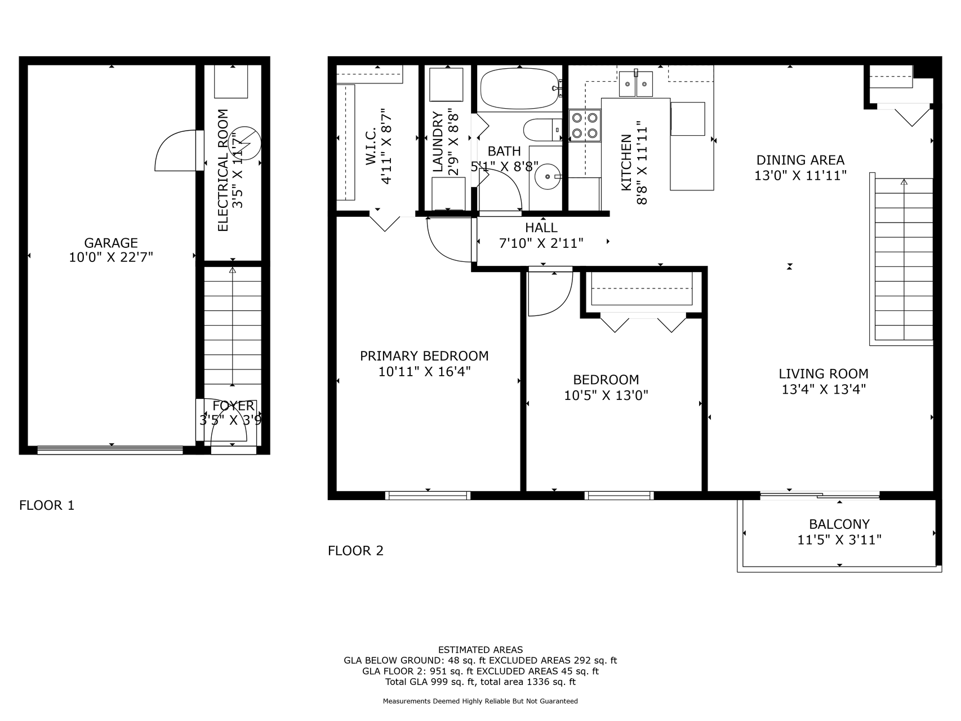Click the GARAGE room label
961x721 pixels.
pyautogui.click(x=111, y=243)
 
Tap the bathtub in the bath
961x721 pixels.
pyautogui.click(x=519, y=89)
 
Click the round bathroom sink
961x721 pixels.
pyautogui.click(x=546, y=177)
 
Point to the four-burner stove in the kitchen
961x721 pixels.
pyautogui.click(x=585, y=126)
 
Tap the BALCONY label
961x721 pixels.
pyautogui.click(x=839, y=524)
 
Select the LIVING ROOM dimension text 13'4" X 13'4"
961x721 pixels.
pyautogui.click(x=824, y=389)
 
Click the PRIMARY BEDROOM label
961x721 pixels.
pyautogui.click(x=424, y=356)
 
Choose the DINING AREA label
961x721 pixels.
pyautogui.click(x=800, y=160)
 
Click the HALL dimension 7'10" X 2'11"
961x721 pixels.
pyautogui.click(x=541, y=243)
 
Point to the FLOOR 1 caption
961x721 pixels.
pyautogui.click(x=47, y=505)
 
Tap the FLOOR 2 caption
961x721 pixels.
pyautogui.click(x=355, y=550)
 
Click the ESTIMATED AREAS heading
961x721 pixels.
pyautogui.click(x=480, y=649)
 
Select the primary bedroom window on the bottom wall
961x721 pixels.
pyautogui.click(x=428, y=496)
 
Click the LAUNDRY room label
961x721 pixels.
pyautogui.click(x=438, y=142)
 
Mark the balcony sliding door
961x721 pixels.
pyautogui.click(x=820, y=496)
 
